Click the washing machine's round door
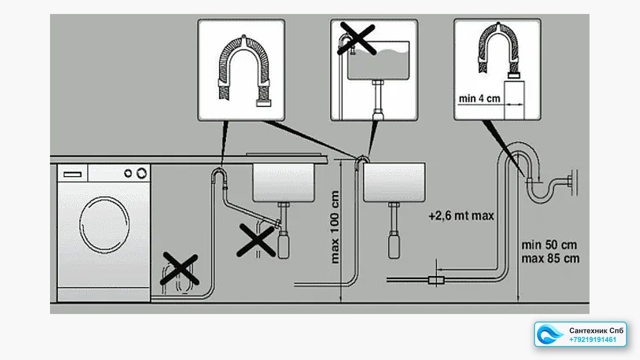click(x=105, y=225)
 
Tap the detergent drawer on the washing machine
click(x=73, y=174)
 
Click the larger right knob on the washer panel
click(x=141, y=173)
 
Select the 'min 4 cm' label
click(x=479, y=99)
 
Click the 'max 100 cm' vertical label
click(x=334, y=227)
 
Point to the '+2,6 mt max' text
click(x=461, y=215)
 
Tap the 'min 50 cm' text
click(x=549, y=245)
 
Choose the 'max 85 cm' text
click(x=550, y=259)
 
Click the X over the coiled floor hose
click(x=179, y=269)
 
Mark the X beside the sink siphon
click(x=256, y=241)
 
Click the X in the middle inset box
click(x=357, y=38)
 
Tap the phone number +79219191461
click(x=593, y=340)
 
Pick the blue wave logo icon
click(x=549, y=334)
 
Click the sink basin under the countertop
click(x=283, y=182)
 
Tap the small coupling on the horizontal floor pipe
click(x=436, y=280)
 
